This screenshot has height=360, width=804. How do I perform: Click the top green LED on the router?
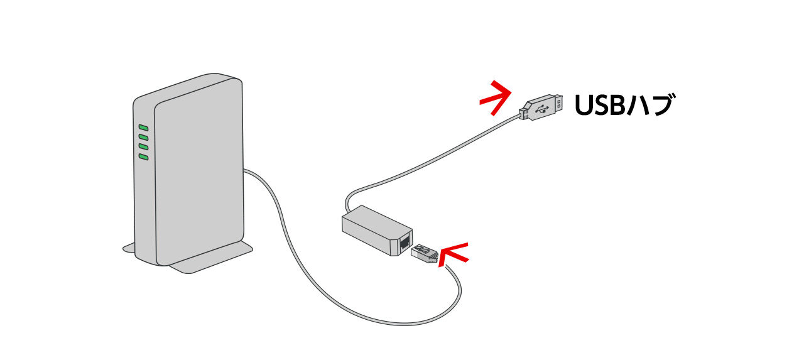(x=143, y=128)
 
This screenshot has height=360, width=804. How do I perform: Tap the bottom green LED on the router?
(x=143, y=156)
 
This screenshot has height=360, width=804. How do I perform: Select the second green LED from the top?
(x=143, y=137)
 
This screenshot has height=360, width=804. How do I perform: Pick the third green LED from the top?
(x=143, y=147)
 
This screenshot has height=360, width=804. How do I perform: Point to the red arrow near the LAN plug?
(x=454, y=254)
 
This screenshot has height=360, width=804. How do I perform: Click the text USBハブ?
(x=624, y=106)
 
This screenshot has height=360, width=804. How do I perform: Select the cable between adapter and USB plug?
(x=427, y=154)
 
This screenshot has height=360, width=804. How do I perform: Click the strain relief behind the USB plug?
(x=524, y=112)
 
